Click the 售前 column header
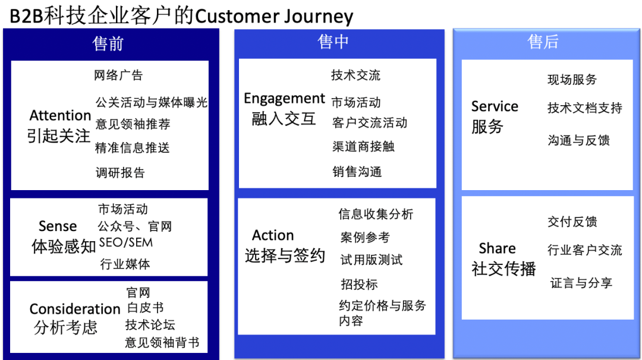[108, 44]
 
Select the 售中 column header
[333, 42]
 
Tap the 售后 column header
[543, 42]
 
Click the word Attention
[60, 115]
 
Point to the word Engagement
[284, 99]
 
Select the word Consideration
[75, 309]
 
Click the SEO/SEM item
[125, 242]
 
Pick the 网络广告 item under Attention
[118, 75]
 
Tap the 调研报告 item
[120, 173]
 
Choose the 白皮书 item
[145, 308]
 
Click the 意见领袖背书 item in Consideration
[162, 343]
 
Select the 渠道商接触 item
[363, 147]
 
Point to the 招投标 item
[359, 285]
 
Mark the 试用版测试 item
[371, 260]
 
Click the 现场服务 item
[572, 80]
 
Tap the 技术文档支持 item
[584, 108]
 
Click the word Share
[497, 248]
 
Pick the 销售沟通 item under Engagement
[357, 172]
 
